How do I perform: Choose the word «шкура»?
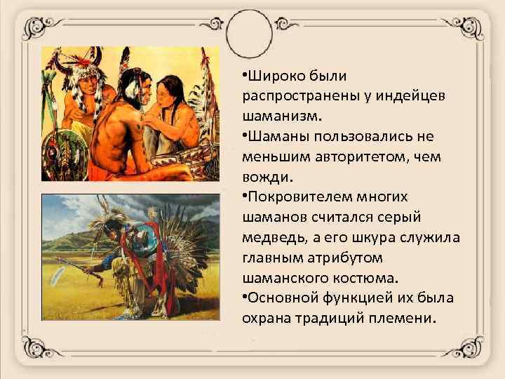379,237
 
